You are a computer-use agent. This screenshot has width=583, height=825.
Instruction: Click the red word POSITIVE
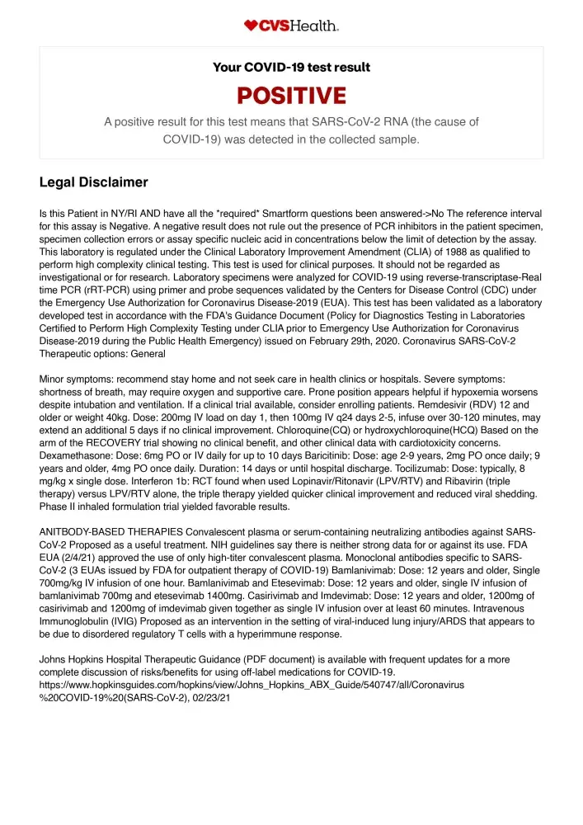click(291, 96)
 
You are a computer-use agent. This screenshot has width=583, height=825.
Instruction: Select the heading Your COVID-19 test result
click(291, 67)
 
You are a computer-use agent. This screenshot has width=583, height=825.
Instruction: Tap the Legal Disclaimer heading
click(93, 182)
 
